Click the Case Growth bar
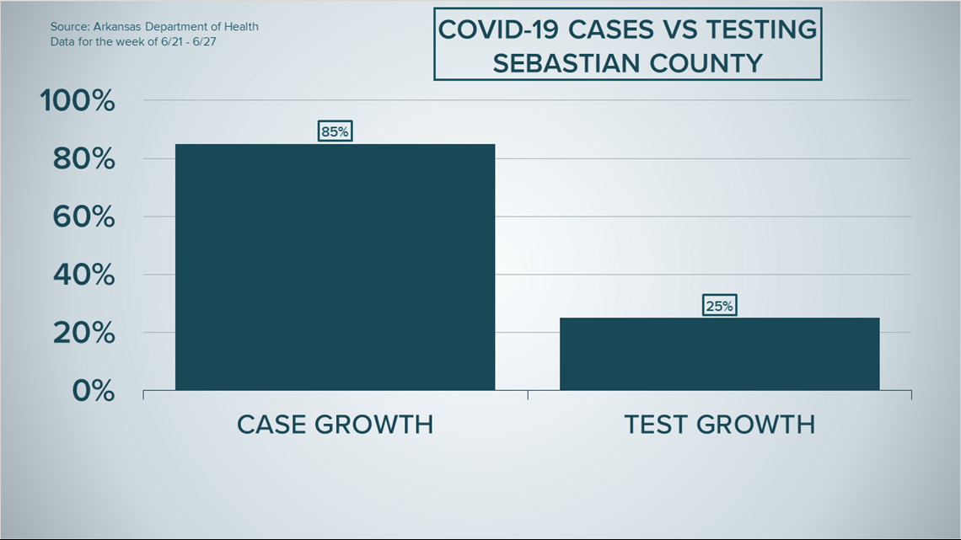coord(335,267)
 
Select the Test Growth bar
coord(720,354)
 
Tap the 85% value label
coord(336,131)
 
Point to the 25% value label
coord(720,306)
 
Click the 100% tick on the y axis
coord(78,100)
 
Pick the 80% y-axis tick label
coord(84,159)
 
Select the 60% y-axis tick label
coord(84,217)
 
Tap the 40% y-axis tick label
coord(84,275)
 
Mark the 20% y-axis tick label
coord(84,333)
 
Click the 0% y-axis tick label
coord(94,391)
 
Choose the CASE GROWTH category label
coord(336,425)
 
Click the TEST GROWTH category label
coord(720,425)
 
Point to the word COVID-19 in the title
coord(499,29)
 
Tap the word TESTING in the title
coord(762,29)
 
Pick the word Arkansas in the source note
coord(117,27)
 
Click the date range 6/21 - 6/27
coord(188,42)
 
